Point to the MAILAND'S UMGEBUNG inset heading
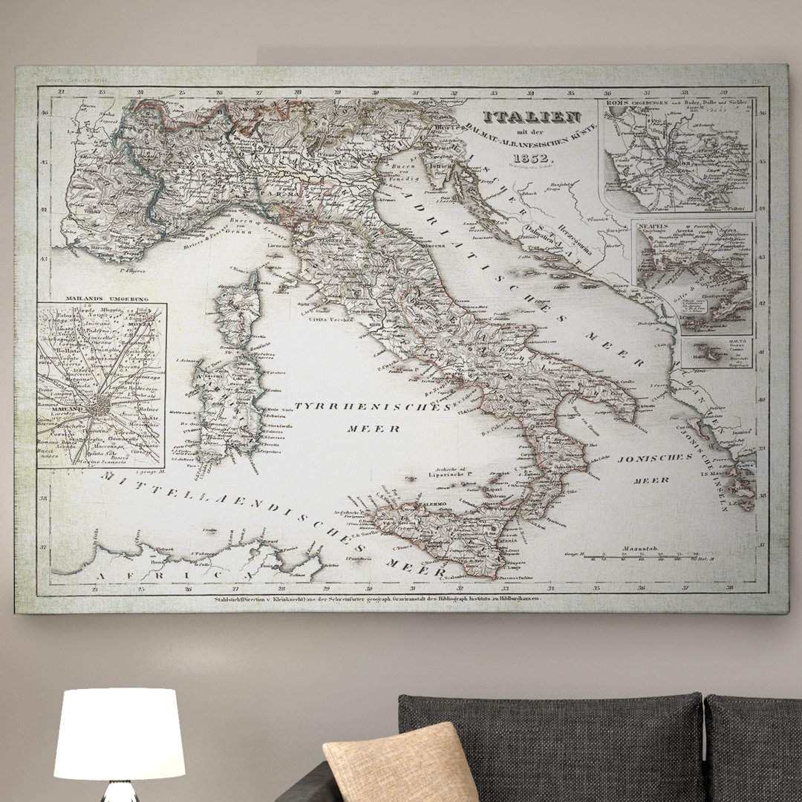[106, 299]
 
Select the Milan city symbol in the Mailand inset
[97, 408]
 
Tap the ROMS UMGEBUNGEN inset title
[630, 102]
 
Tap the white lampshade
[120, 734]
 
